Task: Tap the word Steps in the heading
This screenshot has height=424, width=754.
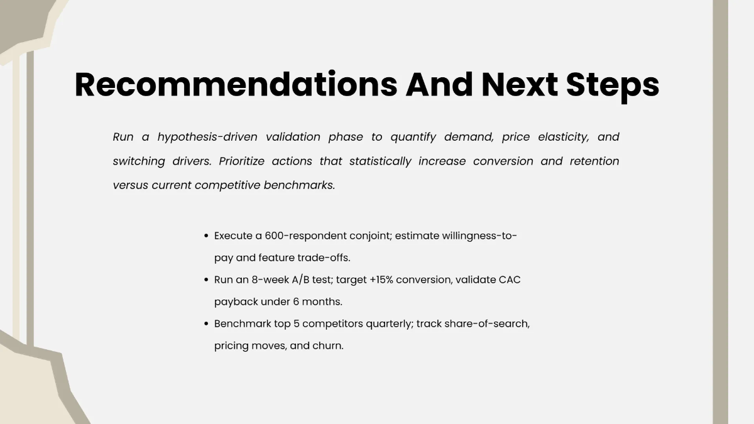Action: pos(613,85)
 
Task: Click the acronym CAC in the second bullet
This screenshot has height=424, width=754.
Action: pos(510,280)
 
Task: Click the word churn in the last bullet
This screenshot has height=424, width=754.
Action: pos(327,346)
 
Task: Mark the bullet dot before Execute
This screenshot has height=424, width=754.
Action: pos(206,236)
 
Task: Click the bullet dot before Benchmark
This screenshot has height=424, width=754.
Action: pos(206,324)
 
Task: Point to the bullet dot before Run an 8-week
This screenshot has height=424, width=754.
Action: pos(206,280)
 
